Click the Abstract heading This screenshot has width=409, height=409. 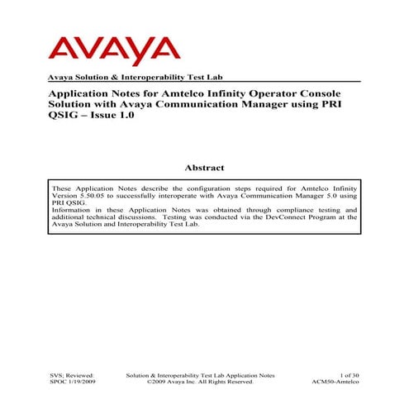tap(204, 168)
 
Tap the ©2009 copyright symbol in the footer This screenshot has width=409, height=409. tap(148, 383)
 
